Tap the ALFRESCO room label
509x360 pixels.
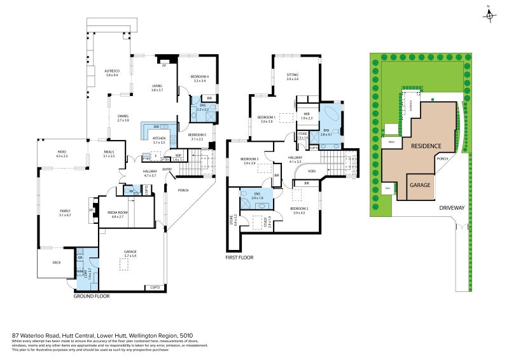(x=111, y=71)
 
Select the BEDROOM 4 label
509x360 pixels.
(x=200, y=76)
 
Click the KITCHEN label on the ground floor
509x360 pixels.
(x=159, y=138)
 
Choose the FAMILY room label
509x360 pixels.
(x=64, y=211)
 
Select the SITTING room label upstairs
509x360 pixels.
(x=292, y=74)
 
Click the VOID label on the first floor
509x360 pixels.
(x=311, y=171)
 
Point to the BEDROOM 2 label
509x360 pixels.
(x=300, y=209)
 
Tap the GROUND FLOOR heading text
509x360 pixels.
(x=92, y=296)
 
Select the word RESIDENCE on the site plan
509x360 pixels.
(x=426, y=146)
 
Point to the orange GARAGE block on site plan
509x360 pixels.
(x=421, y=185)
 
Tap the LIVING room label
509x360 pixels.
(x=157, y=87)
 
